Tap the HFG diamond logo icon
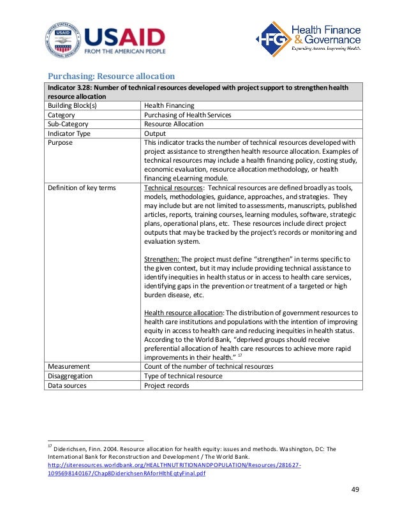pos(272,39)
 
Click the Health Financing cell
pos(169,106)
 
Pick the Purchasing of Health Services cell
pos(188,115)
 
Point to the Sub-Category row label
pos(68,124)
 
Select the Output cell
pos(155,133)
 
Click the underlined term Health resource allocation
pos(182,313)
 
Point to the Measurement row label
pos(69,366)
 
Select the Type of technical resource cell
pos(183,376)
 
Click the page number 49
pos(356,489)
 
